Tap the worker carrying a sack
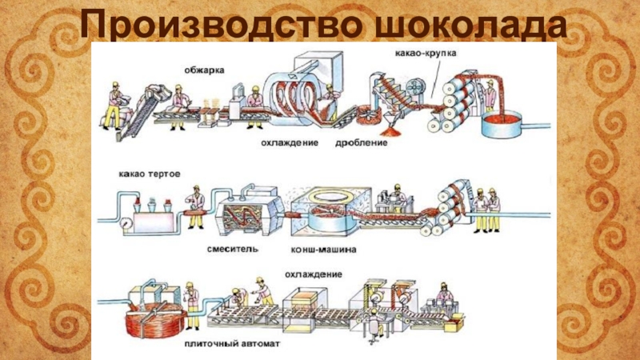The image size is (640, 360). tap(114, 102)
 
